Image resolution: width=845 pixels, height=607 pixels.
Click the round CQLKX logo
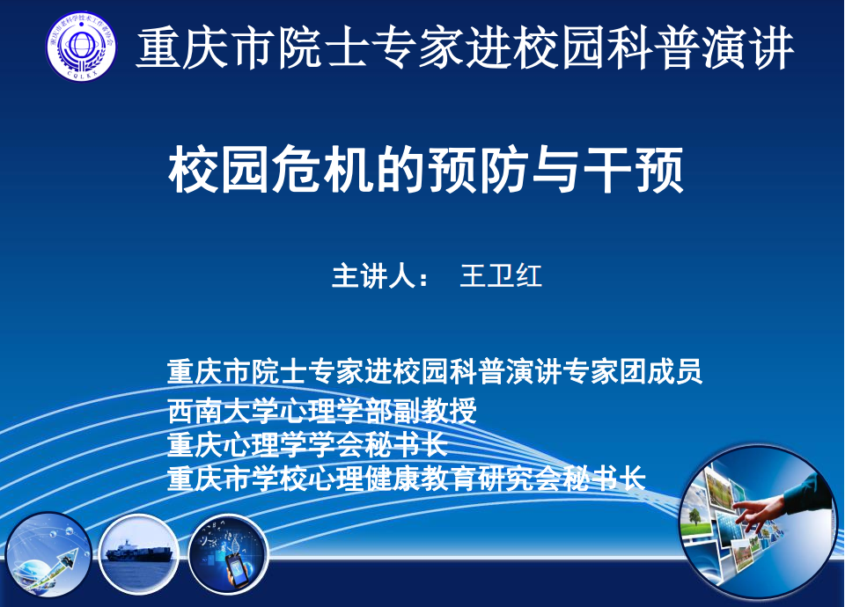click(x=81, y=47)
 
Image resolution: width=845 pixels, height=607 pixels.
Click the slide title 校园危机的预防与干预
click(x=426, y=171)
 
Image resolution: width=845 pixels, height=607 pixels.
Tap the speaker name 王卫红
click(x=501, y=275)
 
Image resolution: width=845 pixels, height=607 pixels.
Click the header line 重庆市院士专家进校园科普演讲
click(x=465, y=49)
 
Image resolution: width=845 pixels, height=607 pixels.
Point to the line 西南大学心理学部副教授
click(x=322, y=411)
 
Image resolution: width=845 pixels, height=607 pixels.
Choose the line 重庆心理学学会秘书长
click(x=308, y=445)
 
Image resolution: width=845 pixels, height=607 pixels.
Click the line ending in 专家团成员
click(x=435, y=371)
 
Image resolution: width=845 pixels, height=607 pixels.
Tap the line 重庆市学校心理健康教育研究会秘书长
click(x=407, y=478)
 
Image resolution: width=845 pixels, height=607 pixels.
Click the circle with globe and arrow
click(x=48, y=556)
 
